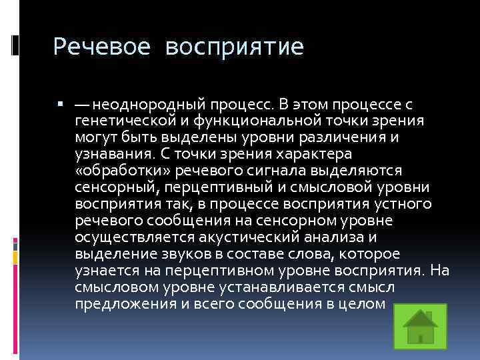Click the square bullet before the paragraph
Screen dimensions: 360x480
[x=60, y=105]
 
